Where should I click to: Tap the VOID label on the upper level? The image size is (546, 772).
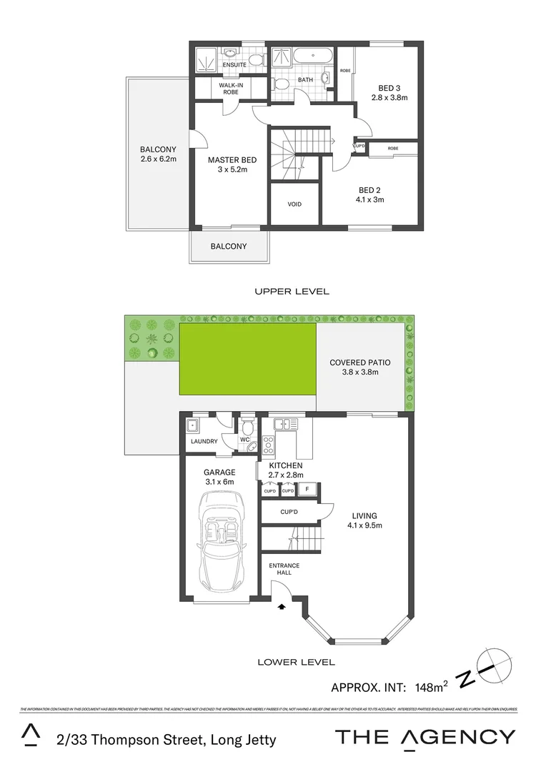point(294,204)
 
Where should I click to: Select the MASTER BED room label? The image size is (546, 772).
point(232,160)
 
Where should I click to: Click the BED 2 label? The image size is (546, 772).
point(369,190)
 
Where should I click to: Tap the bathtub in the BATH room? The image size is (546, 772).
point(312,55)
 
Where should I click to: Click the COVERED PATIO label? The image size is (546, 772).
point(359,362)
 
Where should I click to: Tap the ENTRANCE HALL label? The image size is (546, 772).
point(284,570)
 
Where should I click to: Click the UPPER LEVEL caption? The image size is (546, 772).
point(292,291)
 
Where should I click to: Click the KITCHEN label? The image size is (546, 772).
point(285,465)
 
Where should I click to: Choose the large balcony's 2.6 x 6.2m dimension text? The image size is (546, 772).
point(158,159)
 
